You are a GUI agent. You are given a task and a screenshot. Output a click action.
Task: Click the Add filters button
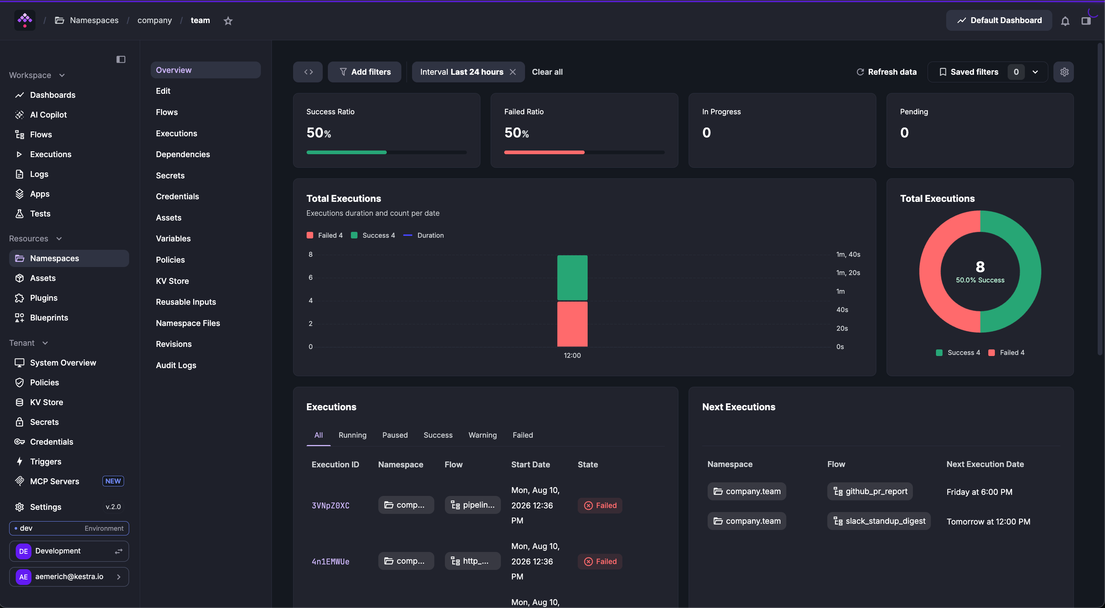coord(365,72)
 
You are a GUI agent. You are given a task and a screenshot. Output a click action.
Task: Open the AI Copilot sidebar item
coord(48,115)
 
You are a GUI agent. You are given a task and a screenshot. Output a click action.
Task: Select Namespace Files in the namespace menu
coord(188,323)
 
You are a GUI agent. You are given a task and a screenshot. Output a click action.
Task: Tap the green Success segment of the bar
coord(572,278)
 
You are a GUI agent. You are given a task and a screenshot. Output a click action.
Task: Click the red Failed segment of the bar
coord(572,324)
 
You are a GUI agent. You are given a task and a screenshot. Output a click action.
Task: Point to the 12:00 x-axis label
coord(572,356)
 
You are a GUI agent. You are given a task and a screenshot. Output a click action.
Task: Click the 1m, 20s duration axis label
coord(848,273)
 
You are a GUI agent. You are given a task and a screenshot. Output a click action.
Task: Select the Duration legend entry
coord(424,235)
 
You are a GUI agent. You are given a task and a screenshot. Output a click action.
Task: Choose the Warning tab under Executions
coord(483,435)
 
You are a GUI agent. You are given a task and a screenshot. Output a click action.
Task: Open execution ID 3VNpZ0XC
coord(330,505)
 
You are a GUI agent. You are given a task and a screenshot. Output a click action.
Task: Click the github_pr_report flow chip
coord(870,491)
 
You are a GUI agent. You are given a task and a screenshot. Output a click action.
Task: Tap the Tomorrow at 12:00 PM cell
coord(988,521)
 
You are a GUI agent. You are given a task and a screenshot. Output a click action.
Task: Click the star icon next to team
coord(228,21)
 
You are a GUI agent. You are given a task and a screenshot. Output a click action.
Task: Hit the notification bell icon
coord(1065,21)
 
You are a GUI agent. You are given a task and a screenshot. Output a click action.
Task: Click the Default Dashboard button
coord(999,20)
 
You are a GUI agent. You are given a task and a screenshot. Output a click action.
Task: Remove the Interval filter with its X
coord(513,72)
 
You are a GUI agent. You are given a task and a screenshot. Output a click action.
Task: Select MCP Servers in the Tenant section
coord(55,481)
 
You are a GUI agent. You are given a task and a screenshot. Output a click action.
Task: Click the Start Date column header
coord(531,464)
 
